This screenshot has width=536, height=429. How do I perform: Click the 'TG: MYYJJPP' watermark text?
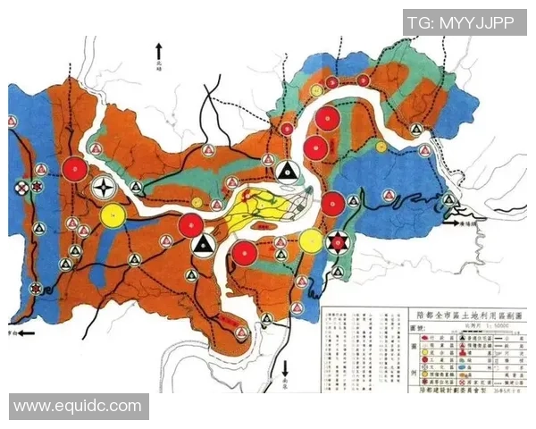pos(461,23)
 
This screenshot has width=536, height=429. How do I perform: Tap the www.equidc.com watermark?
pos(78,406)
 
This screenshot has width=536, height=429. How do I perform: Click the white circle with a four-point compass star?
pos(105,189)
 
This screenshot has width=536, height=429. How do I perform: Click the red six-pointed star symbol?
pos(337,241)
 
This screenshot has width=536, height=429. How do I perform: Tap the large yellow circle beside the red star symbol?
pos(311,240)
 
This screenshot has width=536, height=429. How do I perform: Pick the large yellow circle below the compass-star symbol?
pos(113,214)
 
